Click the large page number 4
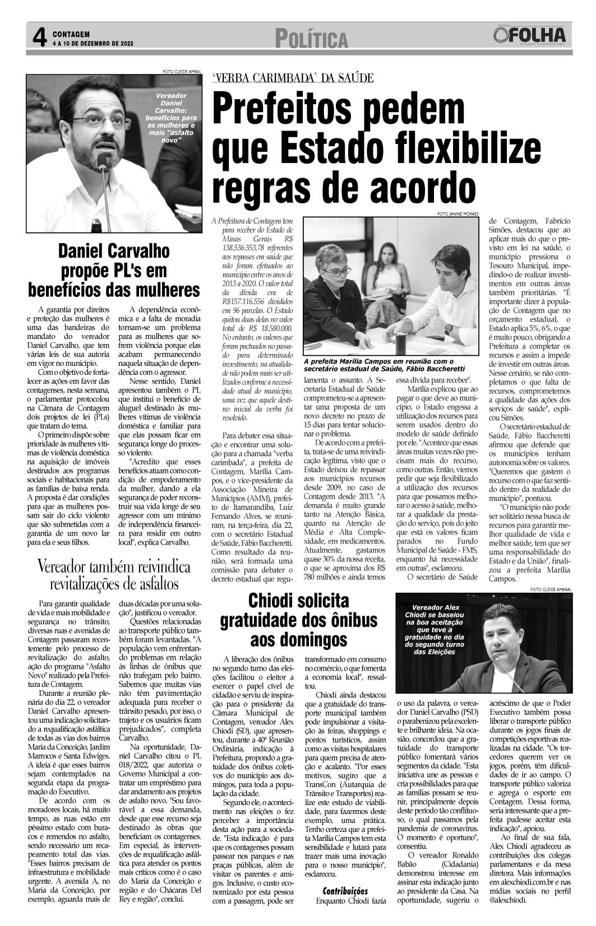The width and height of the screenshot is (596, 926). pos(38,38)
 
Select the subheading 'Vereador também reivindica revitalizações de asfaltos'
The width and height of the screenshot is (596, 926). pos(114,575)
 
